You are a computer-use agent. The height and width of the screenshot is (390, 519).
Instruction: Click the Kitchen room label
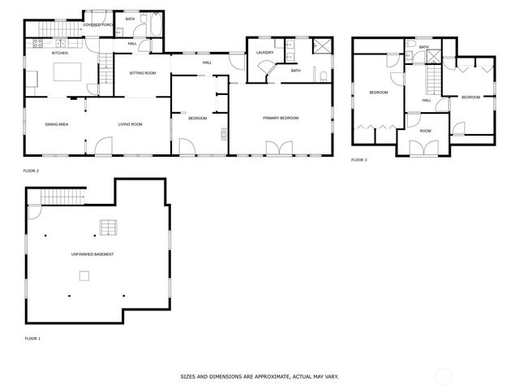click(x=60, y=53)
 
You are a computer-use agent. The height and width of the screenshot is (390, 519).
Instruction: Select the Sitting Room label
click(x=142, y=73)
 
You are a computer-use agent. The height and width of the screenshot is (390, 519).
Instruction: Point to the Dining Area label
click(x=56, y=124)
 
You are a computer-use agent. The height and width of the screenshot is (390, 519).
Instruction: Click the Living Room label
click(x=130, y=124)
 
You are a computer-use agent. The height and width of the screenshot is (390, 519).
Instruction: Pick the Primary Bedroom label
click(x=281, y=118)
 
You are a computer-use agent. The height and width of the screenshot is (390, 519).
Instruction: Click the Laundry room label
click(x=264, y=53)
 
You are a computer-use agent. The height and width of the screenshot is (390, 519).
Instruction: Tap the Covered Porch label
click(x=98, y=25)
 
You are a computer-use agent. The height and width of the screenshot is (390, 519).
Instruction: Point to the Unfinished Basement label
click(x=92, y=254)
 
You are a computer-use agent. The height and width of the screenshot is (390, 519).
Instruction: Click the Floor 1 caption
click(x=32, y=337)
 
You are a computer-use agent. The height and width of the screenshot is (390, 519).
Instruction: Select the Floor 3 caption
click(x=358, y=160)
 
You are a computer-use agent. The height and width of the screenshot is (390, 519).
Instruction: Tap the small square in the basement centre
click(x=84, y=276)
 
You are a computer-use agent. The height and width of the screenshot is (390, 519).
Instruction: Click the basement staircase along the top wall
click(x=62, y=197)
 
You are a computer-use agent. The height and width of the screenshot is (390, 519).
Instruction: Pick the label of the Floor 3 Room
click(x=425, y=130)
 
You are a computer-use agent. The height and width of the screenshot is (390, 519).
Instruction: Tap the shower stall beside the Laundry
click(x=321, y=45)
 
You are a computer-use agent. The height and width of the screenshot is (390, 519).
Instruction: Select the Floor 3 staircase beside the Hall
click(x=433, y=81)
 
